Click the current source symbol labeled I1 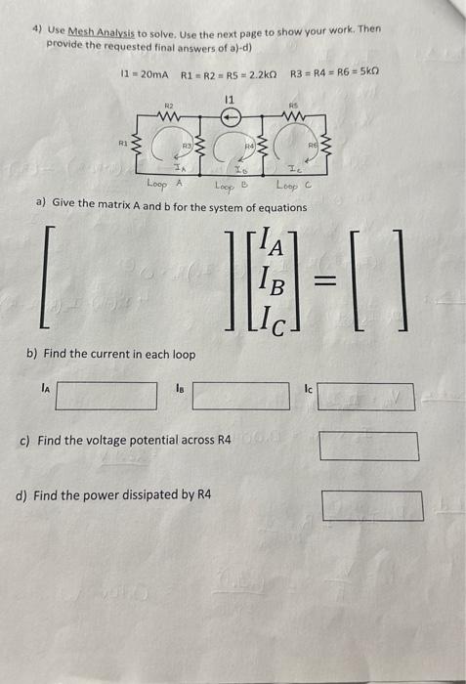(x=231, y=112)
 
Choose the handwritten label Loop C (x=294, y=184)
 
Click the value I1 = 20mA (x=143, y=74)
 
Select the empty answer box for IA (x=106, y=395)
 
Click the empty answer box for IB (x=243, y=395)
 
